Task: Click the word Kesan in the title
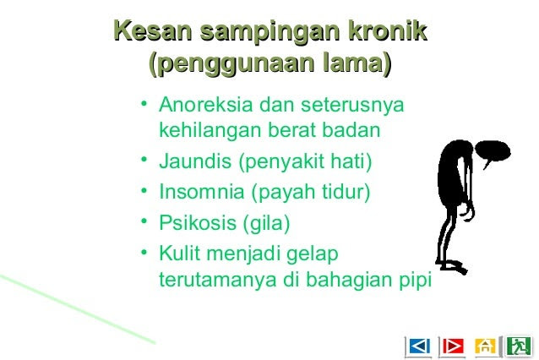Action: point(152,30)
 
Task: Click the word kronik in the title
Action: point(388,30)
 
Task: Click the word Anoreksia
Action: point(206,104)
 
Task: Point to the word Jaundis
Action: point(195,161)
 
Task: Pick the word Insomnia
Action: point(201,191)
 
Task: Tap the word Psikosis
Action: point(198,222)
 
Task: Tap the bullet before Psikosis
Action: point(144,221)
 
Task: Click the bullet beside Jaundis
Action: point(144,159)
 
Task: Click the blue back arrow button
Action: point(419,346)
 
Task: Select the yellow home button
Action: point(486,346)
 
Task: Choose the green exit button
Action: point(519,346)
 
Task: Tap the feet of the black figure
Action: point(452,266)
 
